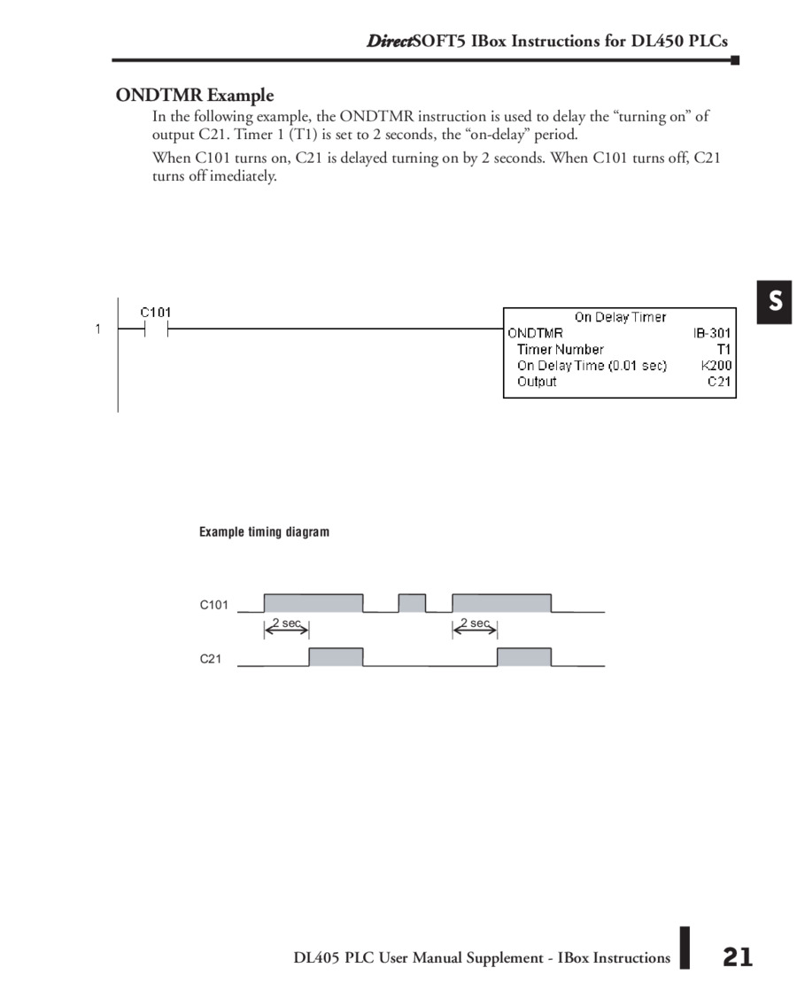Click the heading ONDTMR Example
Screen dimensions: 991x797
pos(195,96)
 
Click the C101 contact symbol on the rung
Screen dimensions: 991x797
pos(155,329)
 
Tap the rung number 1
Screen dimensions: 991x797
pos(97,329)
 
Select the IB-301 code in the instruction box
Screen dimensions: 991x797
pos(713,333)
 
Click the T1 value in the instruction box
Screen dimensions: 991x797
pos(723,350)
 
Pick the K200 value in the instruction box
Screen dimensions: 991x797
pos(716,366)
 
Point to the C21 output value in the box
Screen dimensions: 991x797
pos(719,382)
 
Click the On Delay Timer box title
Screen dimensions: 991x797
pos(620,317)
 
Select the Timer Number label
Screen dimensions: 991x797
pos(561,350)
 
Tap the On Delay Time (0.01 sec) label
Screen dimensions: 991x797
pos(592,366)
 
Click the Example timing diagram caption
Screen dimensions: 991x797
pos(264,532)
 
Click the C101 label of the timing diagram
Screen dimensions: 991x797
pos(213,605)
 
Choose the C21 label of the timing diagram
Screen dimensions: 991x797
pos(210,658)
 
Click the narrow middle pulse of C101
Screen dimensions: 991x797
pos(412,603)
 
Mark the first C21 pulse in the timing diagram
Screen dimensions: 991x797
pos(336,657)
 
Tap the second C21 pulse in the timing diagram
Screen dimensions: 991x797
pos(524,657)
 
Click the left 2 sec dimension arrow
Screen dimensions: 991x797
pos(286,627)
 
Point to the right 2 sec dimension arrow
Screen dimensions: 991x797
pos(476,627)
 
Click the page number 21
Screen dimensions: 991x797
pos(737,956)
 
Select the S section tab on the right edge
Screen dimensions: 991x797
pos(775,302)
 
